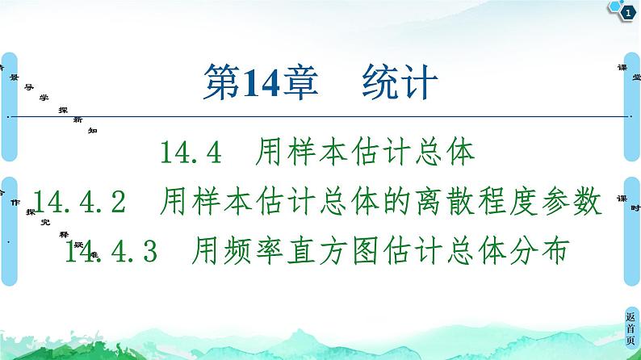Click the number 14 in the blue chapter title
pyautogui.click(x=250, y=82)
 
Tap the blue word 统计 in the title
pyautogui.click(x=399, y=82)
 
